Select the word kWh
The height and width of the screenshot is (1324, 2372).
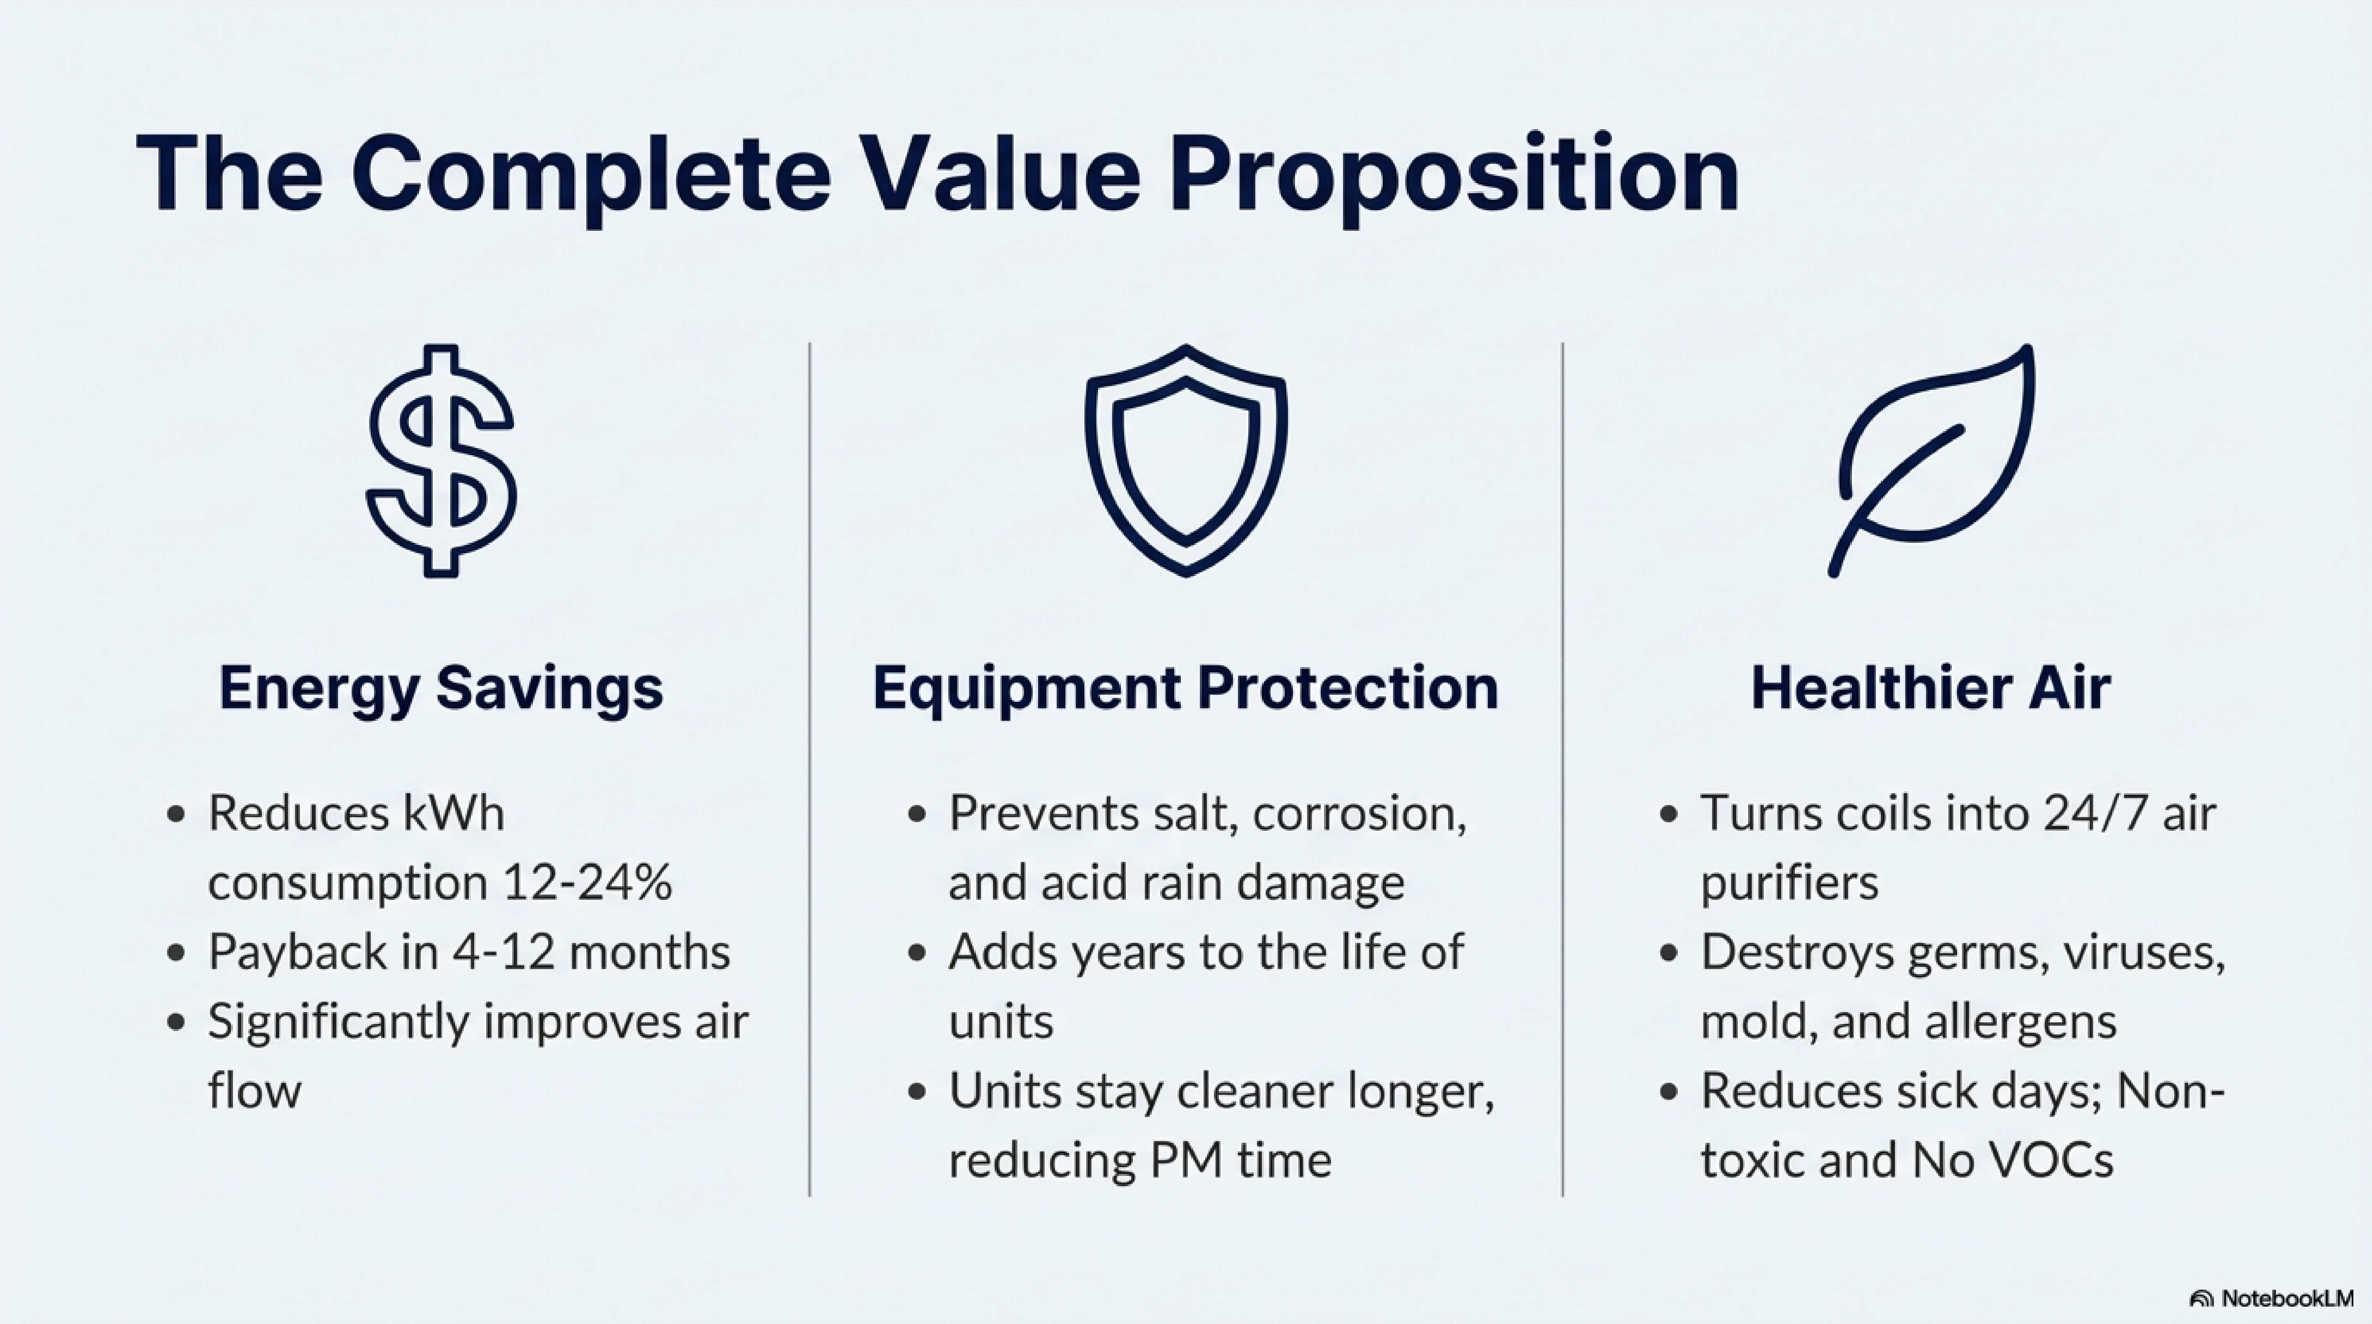tap(454, 813)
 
